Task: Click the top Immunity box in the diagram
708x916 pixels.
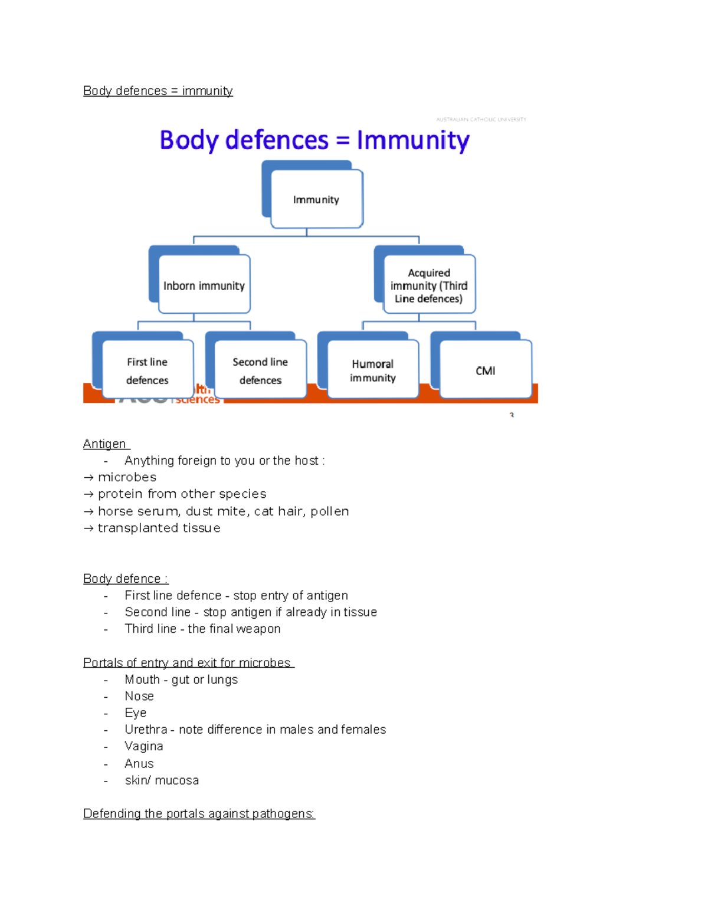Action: pyautogui.click(x=316, y=199)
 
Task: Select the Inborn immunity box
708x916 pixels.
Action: pyautogui.click(x=204, y=285)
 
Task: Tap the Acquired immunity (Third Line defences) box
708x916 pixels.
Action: pyautogui.click(x=429, y=285)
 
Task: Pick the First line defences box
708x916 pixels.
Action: pyautogui.click(x=147, y=370)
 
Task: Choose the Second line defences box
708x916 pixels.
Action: pyautogui.click(x=260, y=370)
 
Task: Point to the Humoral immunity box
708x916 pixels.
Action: pyautogui.click(x=373, y=370)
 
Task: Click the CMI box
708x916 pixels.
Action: pyautogui.click(x=486, y=370)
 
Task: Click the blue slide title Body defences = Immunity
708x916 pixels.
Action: pyautogui.click(x=314, y=140)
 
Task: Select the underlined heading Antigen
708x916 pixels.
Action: pyautogui.click(x=105, y=444)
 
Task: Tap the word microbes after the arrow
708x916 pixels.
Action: pyautogui.click(x=127, y=477)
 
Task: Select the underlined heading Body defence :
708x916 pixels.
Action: pyautogui.click(x=125, y=579)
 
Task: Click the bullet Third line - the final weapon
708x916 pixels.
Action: pyautogui.click(x=202, y=629)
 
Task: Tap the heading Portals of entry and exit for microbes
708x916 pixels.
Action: pyautogui.click(x=188, y=662)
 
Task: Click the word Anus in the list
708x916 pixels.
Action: pyautogui.click(x=139, y=764)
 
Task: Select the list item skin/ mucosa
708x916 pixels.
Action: pyautogui.click(x=162, y=780)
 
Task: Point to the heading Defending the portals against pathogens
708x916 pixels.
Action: pyautogui.click(x=199, y=814)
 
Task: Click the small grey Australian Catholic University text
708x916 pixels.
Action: pyautogui.click(x=481, y=119)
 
